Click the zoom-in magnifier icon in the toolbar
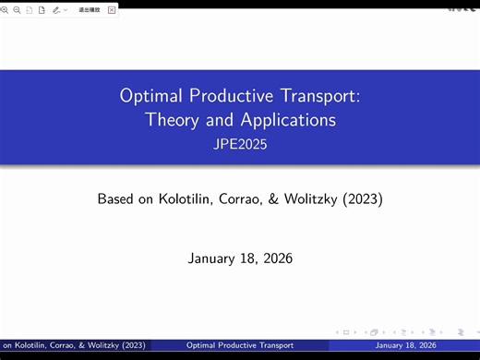click(x=6, y=9)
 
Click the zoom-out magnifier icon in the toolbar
click(x=17, y=9)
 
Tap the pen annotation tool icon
click(x=56, y=9)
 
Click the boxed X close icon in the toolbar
click(x=113, y=9)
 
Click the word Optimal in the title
click(x=151, y=95)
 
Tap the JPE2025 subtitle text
click(x=240, y=143)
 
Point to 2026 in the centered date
click(x=274, y=258)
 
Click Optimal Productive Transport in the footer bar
click(x=240, y=345)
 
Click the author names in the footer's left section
click(x=74, y=345)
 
